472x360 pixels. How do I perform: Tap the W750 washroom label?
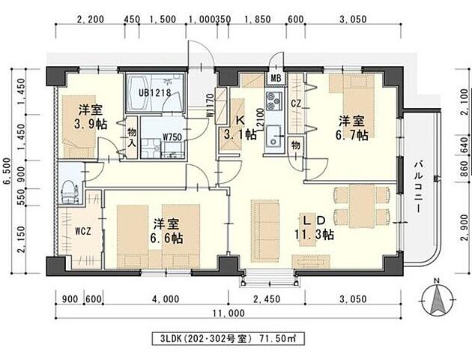(x=174, y=139)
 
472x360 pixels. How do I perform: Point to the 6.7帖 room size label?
(x=351, y=134)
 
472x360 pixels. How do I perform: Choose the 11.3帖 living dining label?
(x=314, y=234)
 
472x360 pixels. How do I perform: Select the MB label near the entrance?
(x=276, y=78)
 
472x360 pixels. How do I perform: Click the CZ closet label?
(x=296, y=103)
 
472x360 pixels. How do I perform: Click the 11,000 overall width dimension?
(x=229, y=313)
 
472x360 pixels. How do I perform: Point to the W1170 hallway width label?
(x=211, y=103)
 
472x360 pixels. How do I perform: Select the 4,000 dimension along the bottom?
(x=165, y=298)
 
